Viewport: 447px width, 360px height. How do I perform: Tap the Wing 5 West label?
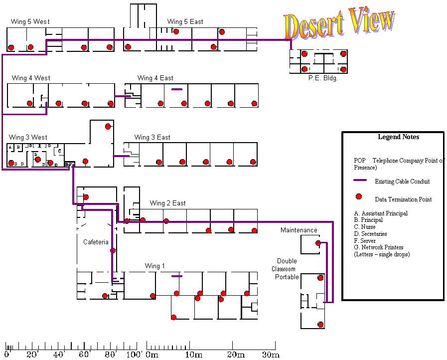point(30,21)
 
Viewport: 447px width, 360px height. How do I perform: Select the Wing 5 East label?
point(185,21)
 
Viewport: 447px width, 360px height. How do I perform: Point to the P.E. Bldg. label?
point(323,78)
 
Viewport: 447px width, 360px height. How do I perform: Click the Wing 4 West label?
point(31,78)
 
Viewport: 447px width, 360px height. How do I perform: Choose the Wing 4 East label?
point(155,78)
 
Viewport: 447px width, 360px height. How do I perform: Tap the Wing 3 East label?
point(152,137)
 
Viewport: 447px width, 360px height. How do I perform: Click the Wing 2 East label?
point(167,203)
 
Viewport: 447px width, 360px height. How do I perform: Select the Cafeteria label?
point(96,242)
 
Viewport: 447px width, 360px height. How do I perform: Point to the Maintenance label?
point(298,230)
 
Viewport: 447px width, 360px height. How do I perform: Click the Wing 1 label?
point(155,266)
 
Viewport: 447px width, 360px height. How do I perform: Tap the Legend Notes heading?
point(398,137)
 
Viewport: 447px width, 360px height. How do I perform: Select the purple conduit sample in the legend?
point(360,180)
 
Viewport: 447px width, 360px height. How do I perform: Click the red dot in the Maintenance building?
point(318,243)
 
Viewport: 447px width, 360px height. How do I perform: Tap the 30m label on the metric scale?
point(271,355)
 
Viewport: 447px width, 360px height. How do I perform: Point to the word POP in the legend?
point(359,161)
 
